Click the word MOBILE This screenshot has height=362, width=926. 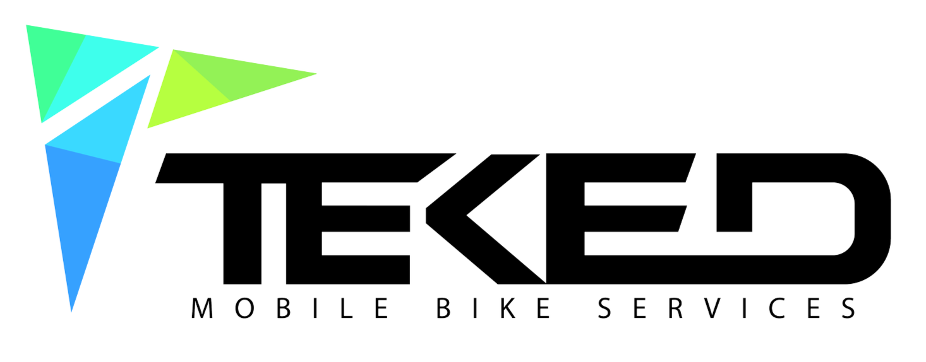[290, 308]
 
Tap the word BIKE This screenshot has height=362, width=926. [493, 308]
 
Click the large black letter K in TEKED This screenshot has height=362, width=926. [486, 219]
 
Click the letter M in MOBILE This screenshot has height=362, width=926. [202, 308]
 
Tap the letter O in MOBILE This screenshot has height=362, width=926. [244, 308]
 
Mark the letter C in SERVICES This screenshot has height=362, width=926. [777, 308]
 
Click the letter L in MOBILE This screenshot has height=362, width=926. [346, 308]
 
